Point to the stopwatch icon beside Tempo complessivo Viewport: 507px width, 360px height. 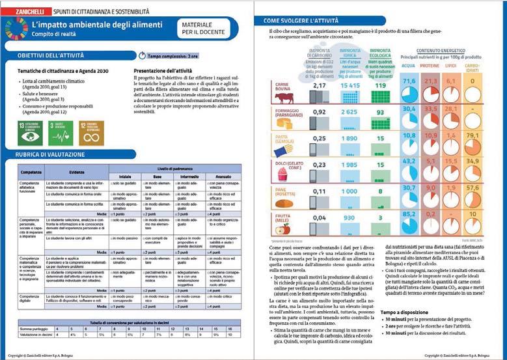point(143,57)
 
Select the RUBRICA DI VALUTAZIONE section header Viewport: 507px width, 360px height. point(52,154)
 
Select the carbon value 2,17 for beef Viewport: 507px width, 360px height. point(319,85)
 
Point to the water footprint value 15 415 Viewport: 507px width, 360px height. point(351,85)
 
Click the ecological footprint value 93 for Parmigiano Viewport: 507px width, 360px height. point(381,111)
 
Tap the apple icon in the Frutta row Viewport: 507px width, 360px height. point(282,228)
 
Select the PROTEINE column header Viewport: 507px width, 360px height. point(430,66)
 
